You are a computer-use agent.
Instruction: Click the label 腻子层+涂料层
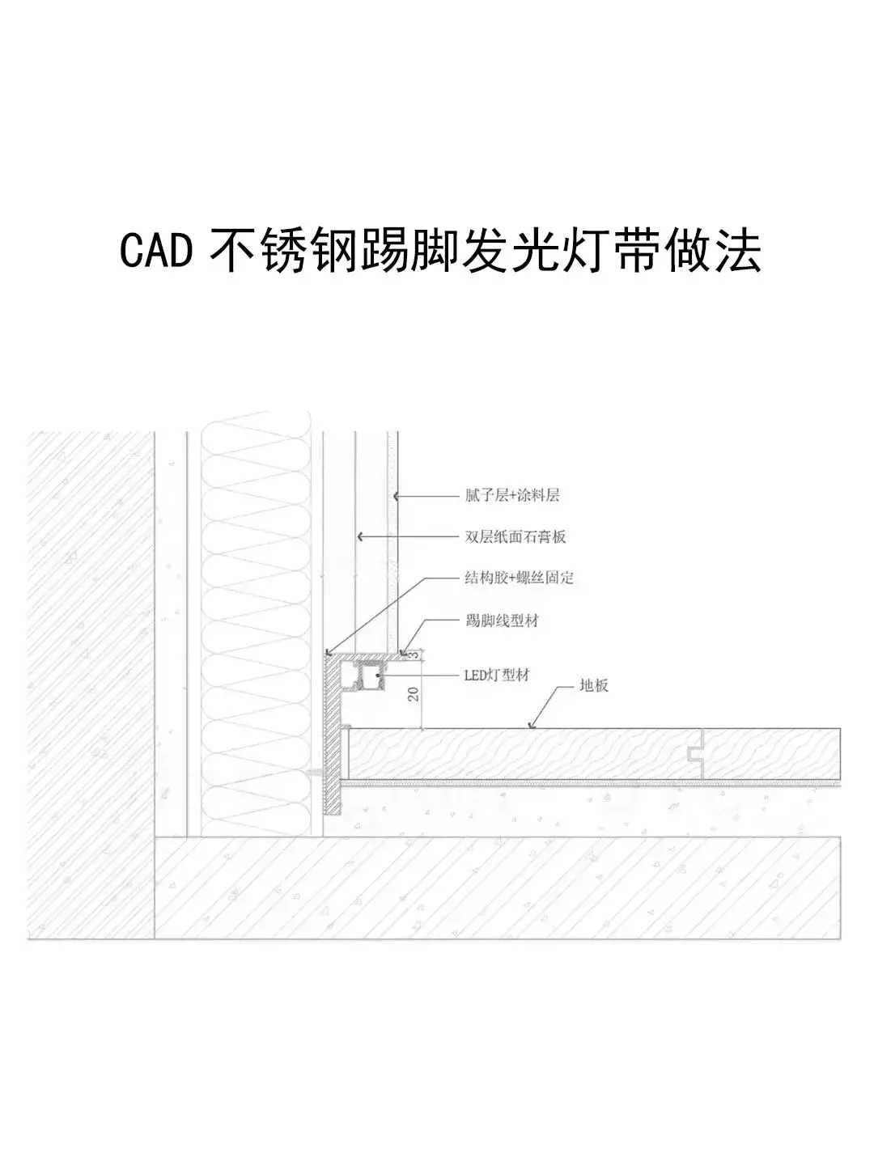(511, 495)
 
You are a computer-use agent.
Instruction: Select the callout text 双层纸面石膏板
(515, 536)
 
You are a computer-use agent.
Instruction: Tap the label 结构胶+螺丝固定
(519, 578)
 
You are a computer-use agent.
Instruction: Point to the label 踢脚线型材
(502, 621)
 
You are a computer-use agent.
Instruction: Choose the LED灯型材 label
(496, 675)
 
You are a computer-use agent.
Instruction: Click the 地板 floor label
(594, 685)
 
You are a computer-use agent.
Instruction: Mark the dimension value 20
(414, 693)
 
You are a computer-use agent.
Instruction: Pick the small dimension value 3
(414, 655)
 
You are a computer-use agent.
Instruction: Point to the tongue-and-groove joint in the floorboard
(694, 754)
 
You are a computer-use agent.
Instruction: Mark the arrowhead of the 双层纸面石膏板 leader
(359, 536)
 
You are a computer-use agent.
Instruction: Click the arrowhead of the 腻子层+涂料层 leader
(397, 495)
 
